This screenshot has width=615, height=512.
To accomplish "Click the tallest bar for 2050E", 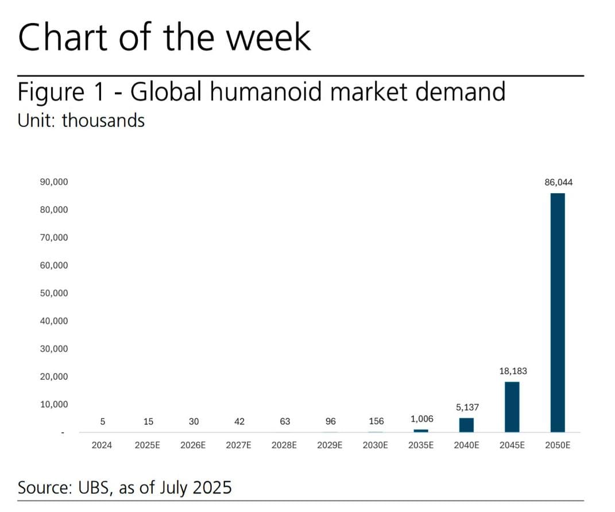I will (x=557, y=313).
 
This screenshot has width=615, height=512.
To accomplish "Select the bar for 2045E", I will (x=512, y=407).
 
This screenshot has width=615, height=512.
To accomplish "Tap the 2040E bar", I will (x=466, y=425).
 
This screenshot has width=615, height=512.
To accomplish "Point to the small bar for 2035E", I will (x=421, y=430).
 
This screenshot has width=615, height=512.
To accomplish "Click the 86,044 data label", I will (x=558, y=183).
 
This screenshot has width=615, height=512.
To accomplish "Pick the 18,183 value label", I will (x=513, y=371).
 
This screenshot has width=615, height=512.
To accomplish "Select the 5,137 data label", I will (x=467, y=407).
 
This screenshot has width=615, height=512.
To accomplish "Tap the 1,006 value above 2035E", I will (x=421, y=419).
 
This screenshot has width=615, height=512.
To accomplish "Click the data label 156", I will (x=376, y=422).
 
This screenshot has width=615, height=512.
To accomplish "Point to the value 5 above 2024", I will (x=102, y=422).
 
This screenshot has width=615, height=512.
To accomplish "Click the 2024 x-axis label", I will (x=102, y=445).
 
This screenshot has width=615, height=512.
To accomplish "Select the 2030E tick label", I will (x=376, y=445).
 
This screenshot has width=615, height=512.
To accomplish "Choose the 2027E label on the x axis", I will (x=239, y=445).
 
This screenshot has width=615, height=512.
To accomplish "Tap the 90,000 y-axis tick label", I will (x=54, y=182).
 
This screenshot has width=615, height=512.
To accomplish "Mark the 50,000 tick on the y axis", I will (x=54, y=293).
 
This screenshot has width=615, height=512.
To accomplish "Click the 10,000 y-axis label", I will (x=54, y=405).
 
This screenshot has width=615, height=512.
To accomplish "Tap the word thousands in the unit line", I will (x=103, y=121).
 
